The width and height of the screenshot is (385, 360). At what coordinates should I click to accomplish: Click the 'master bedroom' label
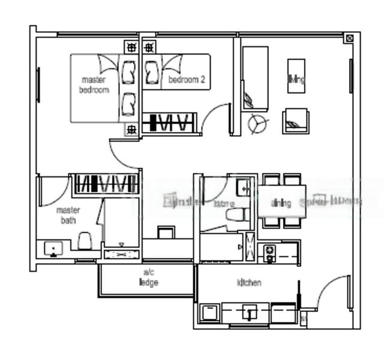pyautogui.click(x=94, y=85)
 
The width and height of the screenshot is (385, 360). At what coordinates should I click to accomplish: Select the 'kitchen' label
pyautogui.click(x=249, y=283)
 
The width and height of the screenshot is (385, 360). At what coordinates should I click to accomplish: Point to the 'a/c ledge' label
pyautogui.click(x=148, y=278)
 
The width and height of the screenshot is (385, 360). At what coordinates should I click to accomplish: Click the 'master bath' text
pyautogui.click(x=68, y=215)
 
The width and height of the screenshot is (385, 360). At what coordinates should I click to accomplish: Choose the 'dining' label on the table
pyautogui.click(x=281, y=203)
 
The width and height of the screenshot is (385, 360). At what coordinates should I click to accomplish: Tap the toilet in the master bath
pyautogui.click(x=85, y=241)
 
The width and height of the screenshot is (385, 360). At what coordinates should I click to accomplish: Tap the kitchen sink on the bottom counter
pyautogui.click(x=249, y=312)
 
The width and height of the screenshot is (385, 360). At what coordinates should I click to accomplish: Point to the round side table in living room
pyautogui.click(x=258, y=123)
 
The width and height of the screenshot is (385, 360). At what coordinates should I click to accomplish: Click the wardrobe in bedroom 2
pyautogui.click(x=169, y=123)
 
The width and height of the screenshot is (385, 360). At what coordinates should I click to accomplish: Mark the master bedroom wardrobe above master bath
pyautogui.click(x=105, y=184)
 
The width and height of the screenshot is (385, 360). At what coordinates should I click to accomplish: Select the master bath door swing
pyautogui.click(x=53, y=191)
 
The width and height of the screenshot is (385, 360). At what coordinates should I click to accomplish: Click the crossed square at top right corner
pyautogui.click(x=350, y=38)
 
